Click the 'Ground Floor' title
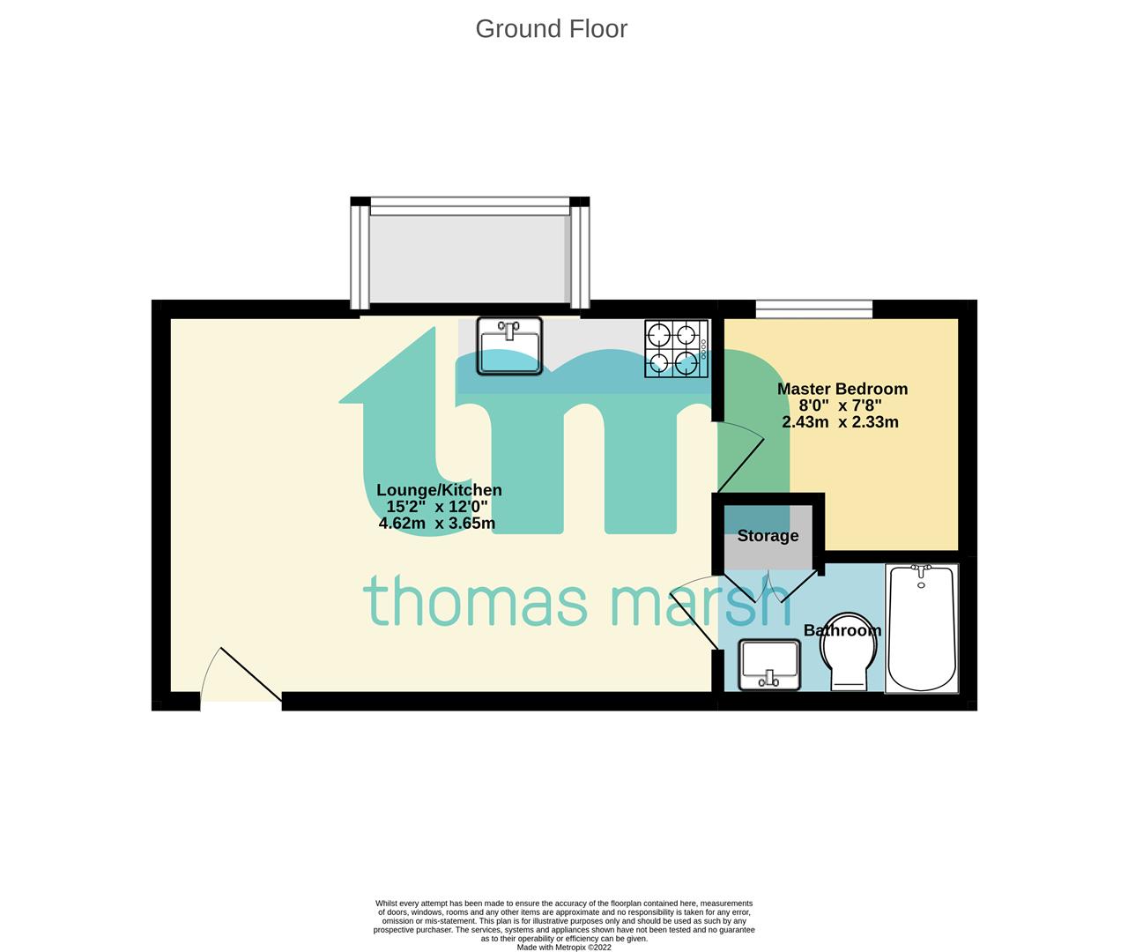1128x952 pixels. [x=551, y=29]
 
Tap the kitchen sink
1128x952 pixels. [x=509, y=346]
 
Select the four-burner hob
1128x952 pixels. [x=677, y=348]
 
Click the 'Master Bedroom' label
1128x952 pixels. [x=842, y=389]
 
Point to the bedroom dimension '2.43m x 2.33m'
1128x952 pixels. [x=840, y=422]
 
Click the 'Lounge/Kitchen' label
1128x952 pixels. [x=439, y=490]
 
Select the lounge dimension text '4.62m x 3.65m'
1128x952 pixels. [x=437, y=523]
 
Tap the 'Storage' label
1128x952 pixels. [x=768, y=535]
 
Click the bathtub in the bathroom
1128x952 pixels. [x=921, y=628]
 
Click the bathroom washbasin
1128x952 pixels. [x=769, y=665]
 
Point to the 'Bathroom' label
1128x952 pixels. [x=842, y=630]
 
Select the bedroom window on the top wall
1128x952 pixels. [x=813, y=309]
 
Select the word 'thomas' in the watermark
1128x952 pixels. [x=475, y=600]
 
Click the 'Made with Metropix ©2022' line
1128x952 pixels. [x=564, y=947]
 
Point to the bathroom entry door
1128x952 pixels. [x=694, y=612]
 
